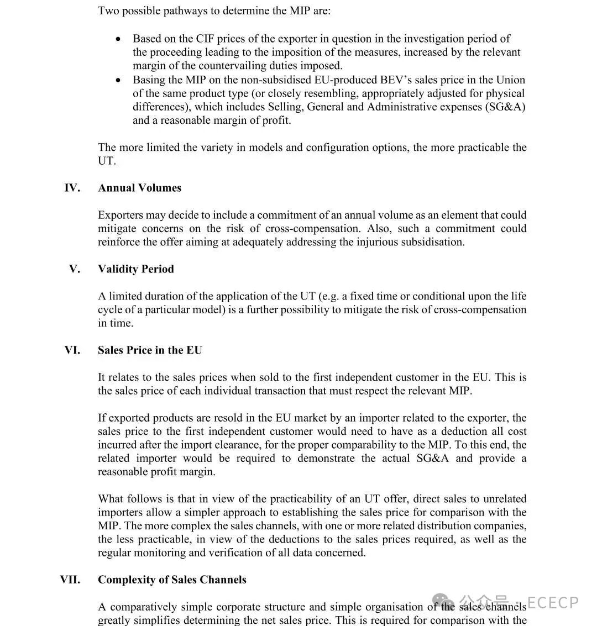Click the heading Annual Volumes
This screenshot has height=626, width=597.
(x=139, y=188)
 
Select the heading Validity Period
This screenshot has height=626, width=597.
(x=136, y=269)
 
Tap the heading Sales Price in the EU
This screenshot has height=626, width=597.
(x=150, y=350)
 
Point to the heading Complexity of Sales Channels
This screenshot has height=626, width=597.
(x=172, y=580)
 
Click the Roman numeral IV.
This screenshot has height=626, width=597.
(x=72, y=188)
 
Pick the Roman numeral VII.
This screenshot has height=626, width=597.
(x=70, y=580)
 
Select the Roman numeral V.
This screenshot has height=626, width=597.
(x=75, y=269)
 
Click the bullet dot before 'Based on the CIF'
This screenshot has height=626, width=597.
(x=119, y=39)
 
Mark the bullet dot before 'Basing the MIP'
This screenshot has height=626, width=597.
(x=119, y=80)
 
